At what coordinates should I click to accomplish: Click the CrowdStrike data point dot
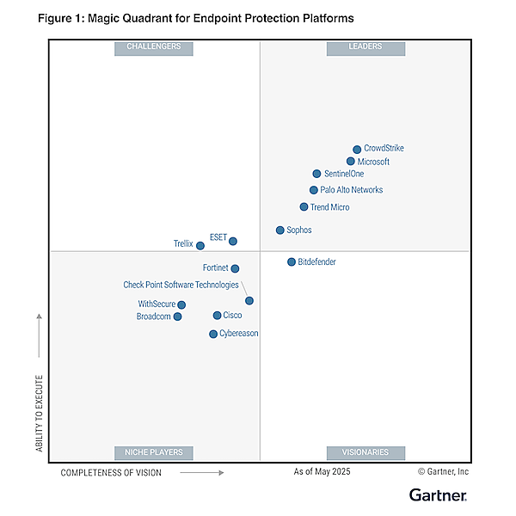[357, 150]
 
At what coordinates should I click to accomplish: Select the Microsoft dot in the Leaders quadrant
[351, 162]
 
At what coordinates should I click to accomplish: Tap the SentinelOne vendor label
[344, 174]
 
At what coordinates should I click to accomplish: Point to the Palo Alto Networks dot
[314, 190]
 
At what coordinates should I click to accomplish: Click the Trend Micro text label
[329, 207]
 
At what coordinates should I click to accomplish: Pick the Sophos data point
[280, 230]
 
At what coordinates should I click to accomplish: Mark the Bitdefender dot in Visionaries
[292, 261]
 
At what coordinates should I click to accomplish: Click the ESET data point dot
[233, 242]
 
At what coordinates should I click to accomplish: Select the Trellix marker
[200, 246]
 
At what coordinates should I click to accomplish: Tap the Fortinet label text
[214, 268]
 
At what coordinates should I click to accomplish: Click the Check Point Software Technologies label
[181, 285]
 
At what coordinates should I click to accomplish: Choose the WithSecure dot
[181, 304]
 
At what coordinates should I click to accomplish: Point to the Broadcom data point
[178, 316]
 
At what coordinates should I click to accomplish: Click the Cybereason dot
[213, 334]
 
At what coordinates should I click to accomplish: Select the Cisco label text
[232, 316]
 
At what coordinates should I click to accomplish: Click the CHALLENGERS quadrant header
[154, 47]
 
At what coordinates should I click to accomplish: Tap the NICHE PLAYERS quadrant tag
[154, 452]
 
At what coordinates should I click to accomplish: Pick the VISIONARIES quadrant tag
[365, 452]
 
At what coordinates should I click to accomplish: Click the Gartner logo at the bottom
[438, 494]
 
